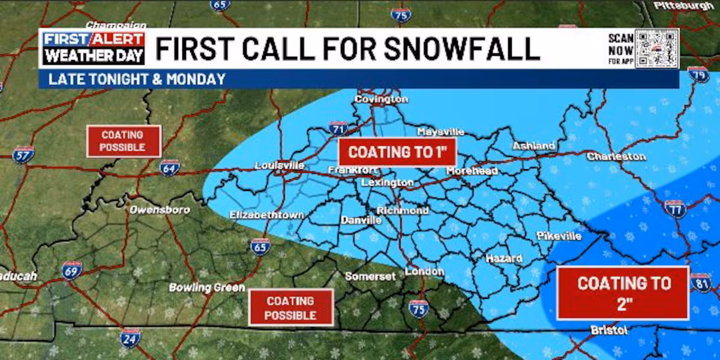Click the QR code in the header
tap(656, 49)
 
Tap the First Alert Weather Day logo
tap(94, 49)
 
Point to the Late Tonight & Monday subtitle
tap(137, 79)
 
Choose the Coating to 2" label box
tap(623, 293)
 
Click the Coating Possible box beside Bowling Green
tap(290, 308)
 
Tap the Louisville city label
tap(280, 166)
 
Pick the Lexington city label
tap(388, 182)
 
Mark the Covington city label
tap(382, 99)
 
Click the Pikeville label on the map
tap(559, 236)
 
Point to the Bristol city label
tap(609, 331)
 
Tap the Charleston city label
tap(616, 157)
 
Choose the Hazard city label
tap(504, 259)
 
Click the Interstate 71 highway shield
tap(338, 128)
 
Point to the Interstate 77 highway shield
tap(675, 208)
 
